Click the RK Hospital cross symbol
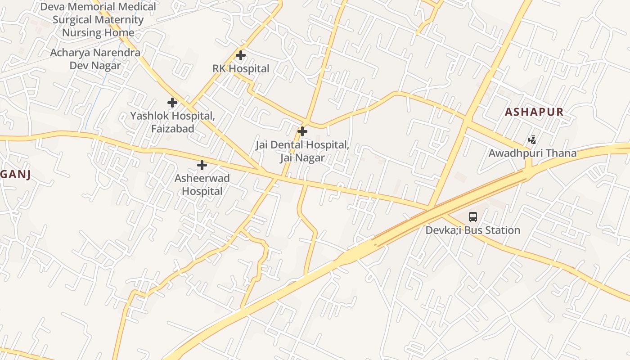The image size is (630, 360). click(x=241, y=56)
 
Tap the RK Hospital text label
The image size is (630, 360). click(x=241, y=69)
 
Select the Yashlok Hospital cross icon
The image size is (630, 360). click(x=172, y=103)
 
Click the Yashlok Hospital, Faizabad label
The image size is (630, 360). click(x=172, y=122)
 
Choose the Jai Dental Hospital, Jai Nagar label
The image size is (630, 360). click(x=302, y=151)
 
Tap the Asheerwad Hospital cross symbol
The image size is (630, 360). click(x=202, y=165)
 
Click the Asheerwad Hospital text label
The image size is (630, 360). click(x=202, y=184)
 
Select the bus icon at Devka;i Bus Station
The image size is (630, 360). click(x=472, y=217)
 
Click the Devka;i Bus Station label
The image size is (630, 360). click(x=473, y=230)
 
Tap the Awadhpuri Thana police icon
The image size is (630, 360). click(x=532, y=140)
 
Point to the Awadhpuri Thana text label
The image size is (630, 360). click(x=532, y=153)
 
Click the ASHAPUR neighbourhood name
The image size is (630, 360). click(x=534, y=112)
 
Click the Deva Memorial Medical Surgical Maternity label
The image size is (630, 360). click(x=98, y=13)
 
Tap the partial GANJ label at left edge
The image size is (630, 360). click(x=15, y=175)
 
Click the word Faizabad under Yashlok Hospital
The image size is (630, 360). click(x=172, y=129)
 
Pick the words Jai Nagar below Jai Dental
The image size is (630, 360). click(x=302, y=158)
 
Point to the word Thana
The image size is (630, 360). click(x=560, y=153)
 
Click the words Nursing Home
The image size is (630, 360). click(x=98, y=33)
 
